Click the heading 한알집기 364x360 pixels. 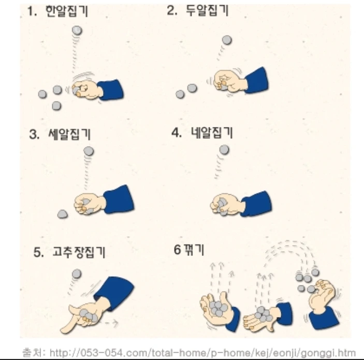(67, 11)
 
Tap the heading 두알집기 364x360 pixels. (207, 10)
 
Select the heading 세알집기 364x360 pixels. (69, 134)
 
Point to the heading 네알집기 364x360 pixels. (211, 133)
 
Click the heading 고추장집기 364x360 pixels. (79, 252)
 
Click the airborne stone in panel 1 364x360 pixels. (77, 31)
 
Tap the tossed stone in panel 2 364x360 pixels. (227, 40)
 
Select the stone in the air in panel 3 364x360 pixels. (89, 151)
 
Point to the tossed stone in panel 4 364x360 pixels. (224, 150)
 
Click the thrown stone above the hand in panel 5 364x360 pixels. (77, 274)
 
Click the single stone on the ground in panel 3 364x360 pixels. (63, 214)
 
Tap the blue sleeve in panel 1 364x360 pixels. (111, 90)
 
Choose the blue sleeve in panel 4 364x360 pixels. (256, 204)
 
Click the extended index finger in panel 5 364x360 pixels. (68, 324)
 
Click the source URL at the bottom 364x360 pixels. (202, 353)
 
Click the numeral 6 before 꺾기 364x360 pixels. (177, 250)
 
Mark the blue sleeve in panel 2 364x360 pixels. (257, 80)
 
